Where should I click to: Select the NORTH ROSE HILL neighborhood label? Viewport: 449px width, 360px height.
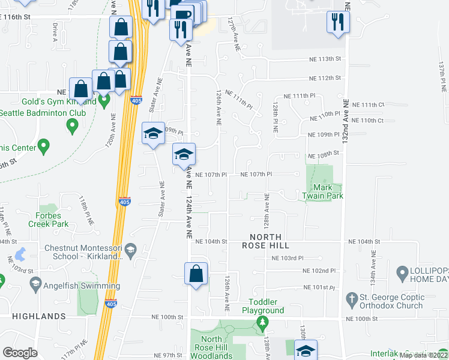coord(266,241)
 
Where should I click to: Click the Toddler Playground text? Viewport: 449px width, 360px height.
coord(263,307)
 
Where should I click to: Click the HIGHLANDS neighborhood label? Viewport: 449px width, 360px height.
coord(38,316)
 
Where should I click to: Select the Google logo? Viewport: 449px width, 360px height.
coord(20,353)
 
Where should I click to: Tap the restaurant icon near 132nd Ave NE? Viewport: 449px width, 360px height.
coord(338,22)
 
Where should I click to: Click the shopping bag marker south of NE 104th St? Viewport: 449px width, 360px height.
coord(196,274)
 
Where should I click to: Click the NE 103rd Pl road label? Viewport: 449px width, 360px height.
coord(288,258)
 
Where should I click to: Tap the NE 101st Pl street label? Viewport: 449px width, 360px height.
coord(318,288)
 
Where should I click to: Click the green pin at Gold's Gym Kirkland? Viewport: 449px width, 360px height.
coord(103,101)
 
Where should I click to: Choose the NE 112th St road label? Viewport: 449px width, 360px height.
coord(324,78)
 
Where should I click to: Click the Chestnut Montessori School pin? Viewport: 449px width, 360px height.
coord(133,248)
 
